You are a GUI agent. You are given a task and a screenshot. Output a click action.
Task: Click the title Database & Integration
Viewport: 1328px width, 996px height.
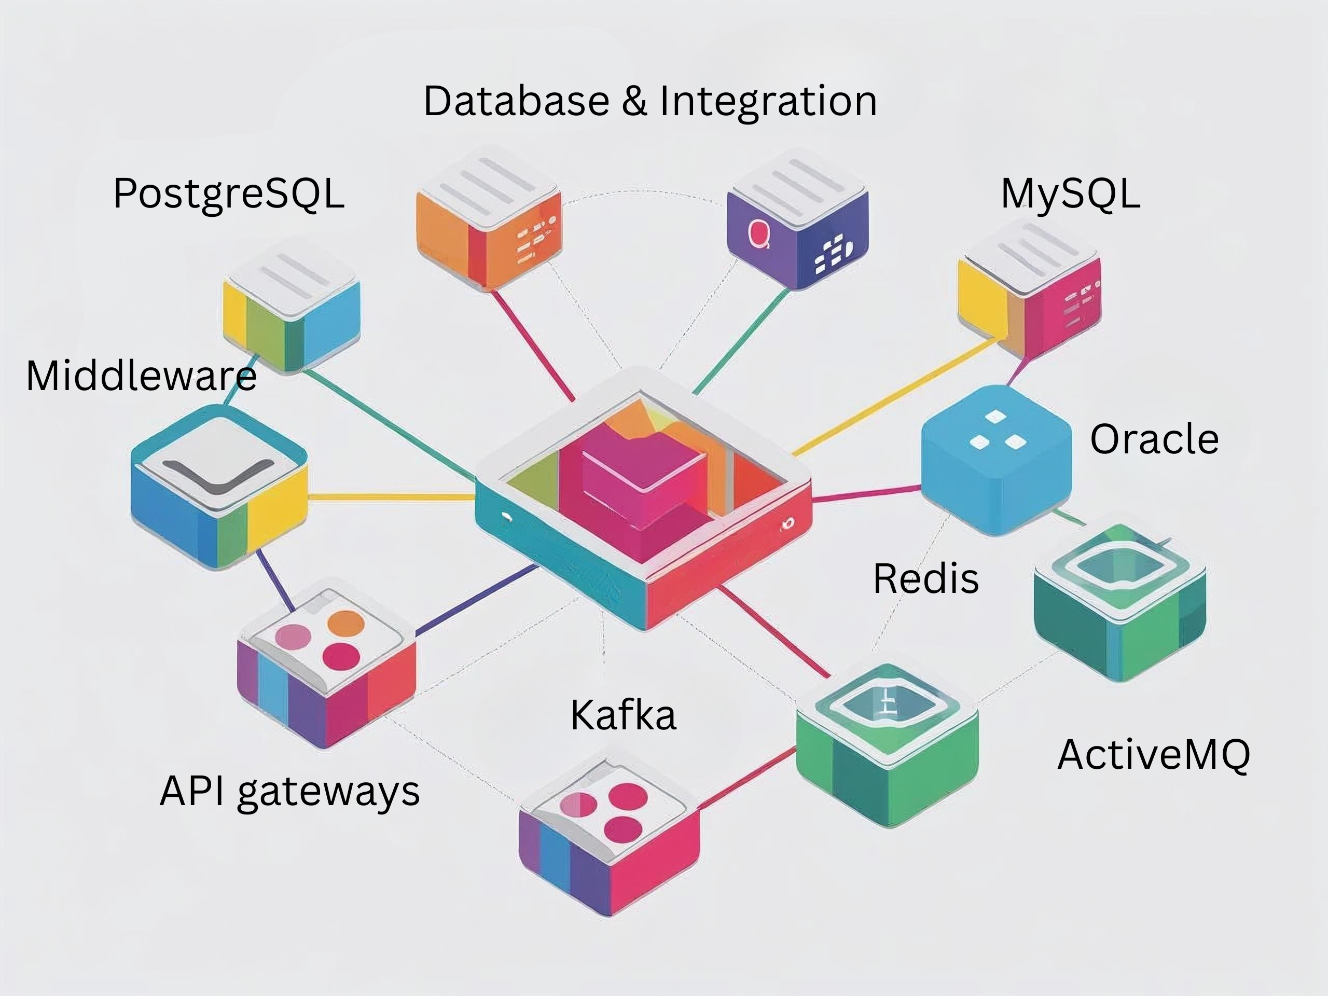pyautogui.click(x=650, y=101)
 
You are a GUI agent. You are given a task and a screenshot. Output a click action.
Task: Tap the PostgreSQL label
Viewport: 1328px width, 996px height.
pyautogui.click(x=229, y=194)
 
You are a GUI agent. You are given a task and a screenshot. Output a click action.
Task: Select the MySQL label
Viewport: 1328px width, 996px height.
pyautogui.click(x=1070, y=194)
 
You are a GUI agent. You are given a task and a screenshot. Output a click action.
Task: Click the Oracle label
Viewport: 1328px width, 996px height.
pyautogui.click(x=1154, y=439)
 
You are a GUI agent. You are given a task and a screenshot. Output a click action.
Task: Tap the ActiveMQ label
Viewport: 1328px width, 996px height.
pyautogui.click(x=1153, y=755)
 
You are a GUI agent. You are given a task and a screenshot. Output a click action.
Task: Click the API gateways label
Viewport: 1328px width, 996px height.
pyautogui.click(x=289, y=791)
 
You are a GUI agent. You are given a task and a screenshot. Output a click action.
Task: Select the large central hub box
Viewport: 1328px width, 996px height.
pyautogui.click(x=642, y=499)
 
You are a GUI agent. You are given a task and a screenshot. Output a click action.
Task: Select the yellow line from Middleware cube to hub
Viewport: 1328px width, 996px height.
pyautogui.click(x=390, y=497)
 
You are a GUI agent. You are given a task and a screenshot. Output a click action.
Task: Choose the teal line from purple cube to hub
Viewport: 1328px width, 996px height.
pyautogui.click(x=741, y=342)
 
